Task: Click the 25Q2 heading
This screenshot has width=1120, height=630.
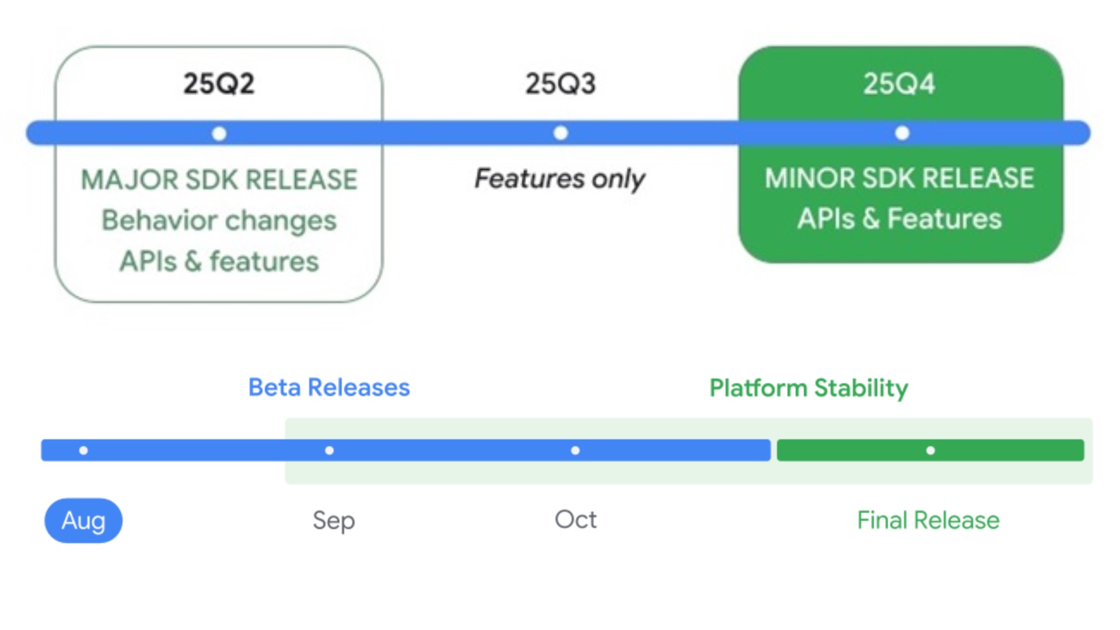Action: [219, 83]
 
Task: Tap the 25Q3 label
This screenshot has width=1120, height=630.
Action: [561, 83]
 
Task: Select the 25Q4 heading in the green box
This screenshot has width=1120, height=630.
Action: [899, 83]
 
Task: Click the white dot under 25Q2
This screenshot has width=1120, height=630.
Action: [219, 134]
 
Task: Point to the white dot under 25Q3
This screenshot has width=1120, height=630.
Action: [561, 133]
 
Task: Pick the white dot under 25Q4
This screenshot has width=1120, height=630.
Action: [902, 133]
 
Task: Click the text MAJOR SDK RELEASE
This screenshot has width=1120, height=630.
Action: [219, 179]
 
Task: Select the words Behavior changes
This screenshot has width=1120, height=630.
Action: [219, 220]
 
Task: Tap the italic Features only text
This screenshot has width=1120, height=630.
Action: [559, 178]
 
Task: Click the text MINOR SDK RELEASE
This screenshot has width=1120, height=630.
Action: [899, 178]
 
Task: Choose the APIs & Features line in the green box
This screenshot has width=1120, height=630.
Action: [899, 219]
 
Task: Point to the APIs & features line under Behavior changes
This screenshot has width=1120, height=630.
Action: [219, 261]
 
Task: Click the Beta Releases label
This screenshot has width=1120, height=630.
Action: [329, 387]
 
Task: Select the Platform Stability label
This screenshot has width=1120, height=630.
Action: [808, 388]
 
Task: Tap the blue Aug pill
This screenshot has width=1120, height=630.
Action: [83, 520]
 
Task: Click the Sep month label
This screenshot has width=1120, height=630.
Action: [334, 520]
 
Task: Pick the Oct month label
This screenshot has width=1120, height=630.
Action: [576, 519]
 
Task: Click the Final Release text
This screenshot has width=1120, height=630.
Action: [928, 520]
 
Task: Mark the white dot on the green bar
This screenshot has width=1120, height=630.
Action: [930, 450]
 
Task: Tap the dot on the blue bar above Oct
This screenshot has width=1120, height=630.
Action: [575, 450]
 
